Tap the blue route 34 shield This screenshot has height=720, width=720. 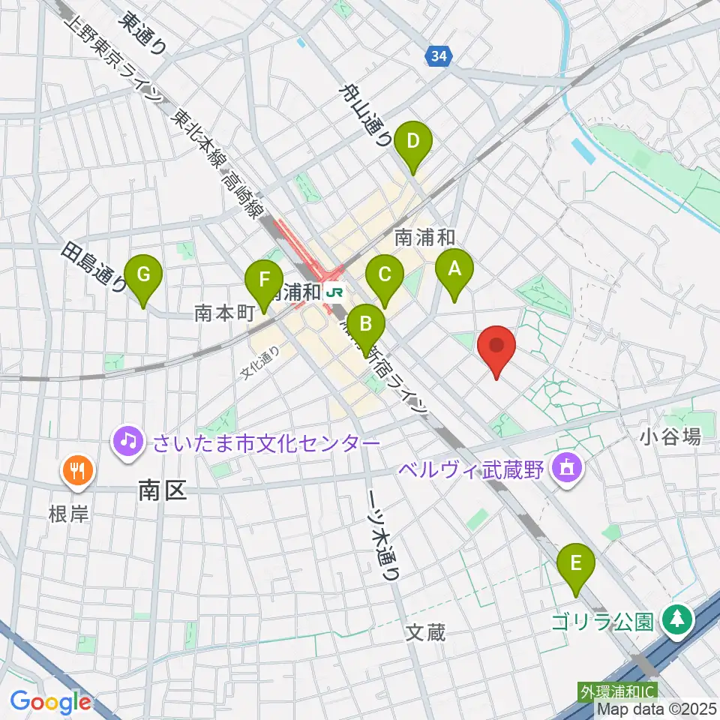point(439,55)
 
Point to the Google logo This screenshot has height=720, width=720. point(51,702)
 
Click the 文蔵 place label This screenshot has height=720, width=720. point(426,632)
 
